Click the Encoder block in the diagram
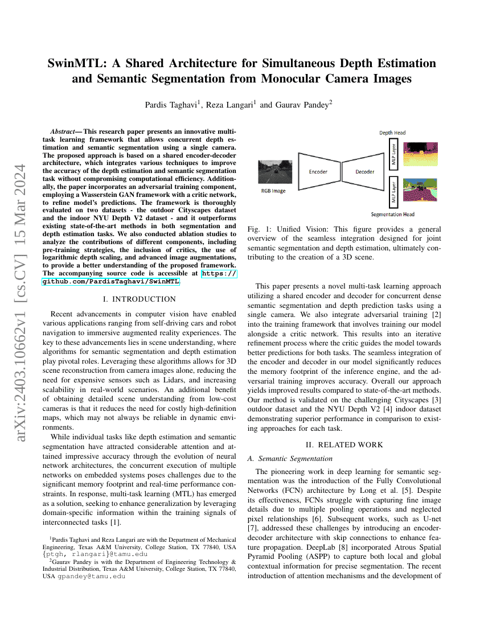pyautogui.click(x=318, y=171)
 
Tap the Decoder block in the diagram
pyautogui.click(x=365, y=171)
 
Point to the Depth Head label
pyautogui.click(x=392, y=133)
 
